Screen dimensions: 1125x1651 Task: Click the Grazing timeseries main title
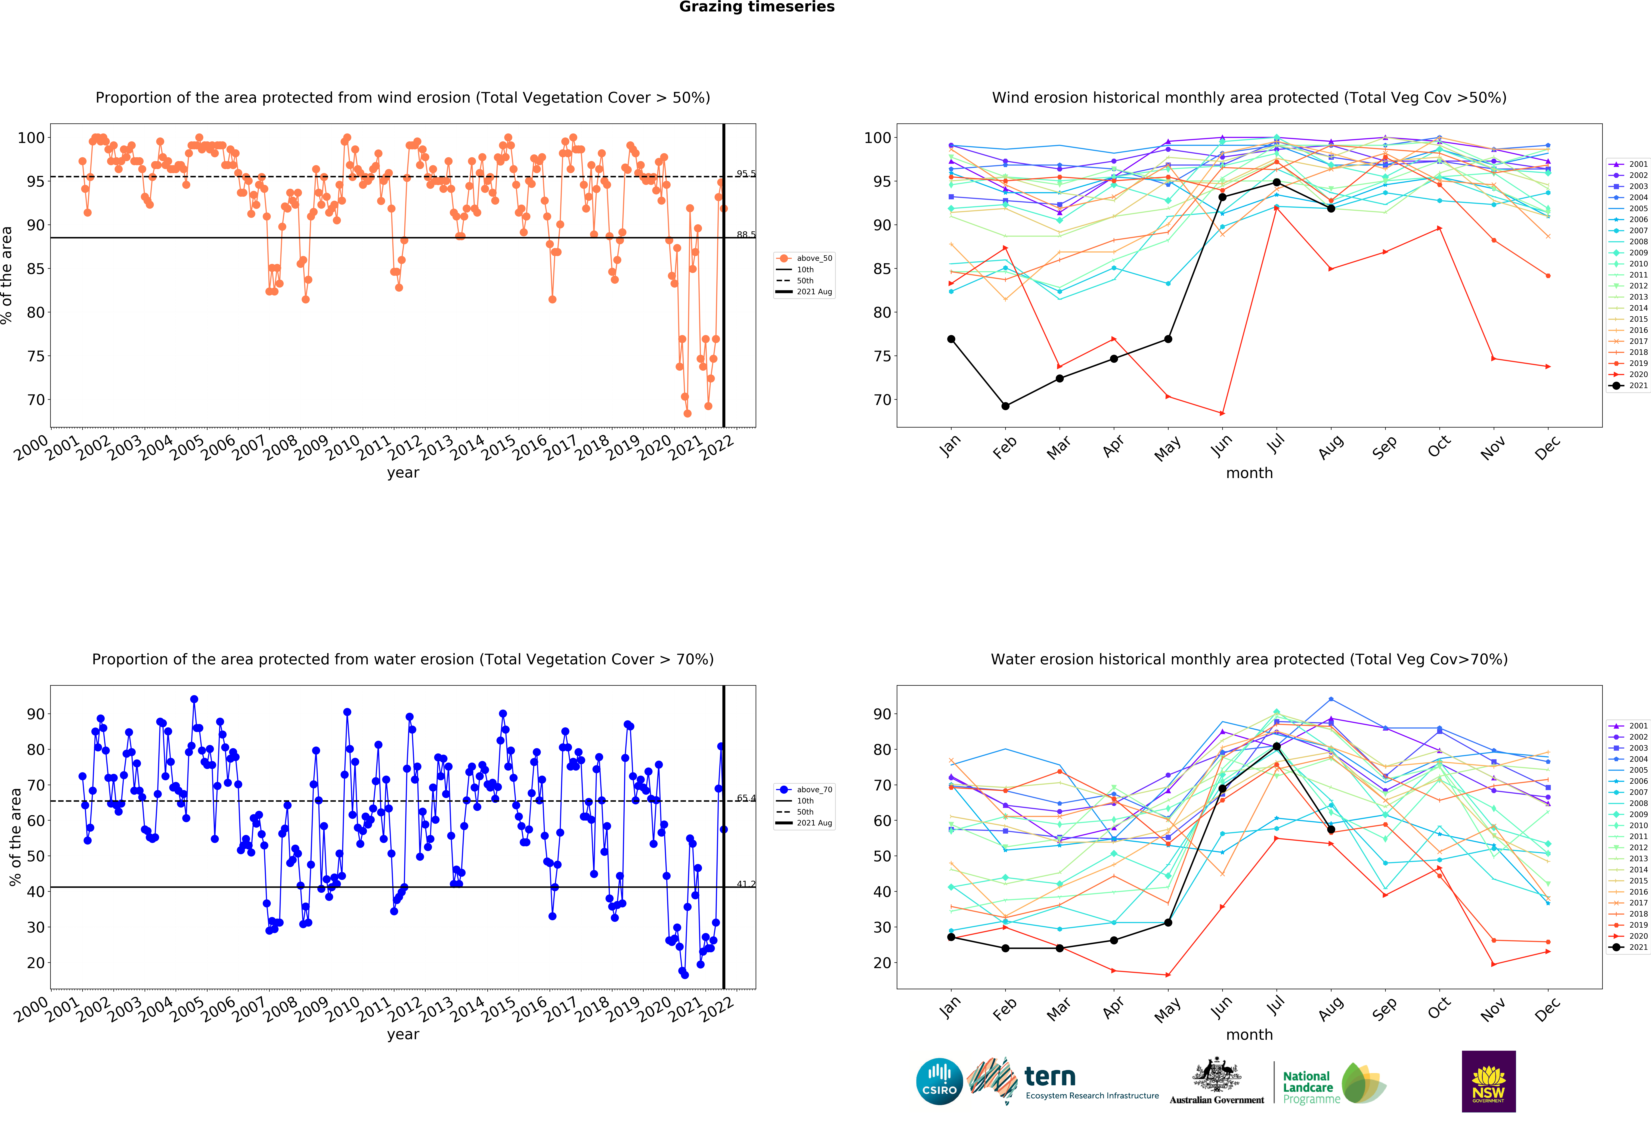click(x=757, y=7)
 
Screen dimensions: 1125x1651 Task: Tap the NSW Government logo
click(x=1488, y=1081)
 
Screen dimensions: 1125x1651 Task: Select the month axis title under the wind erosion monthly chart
click(x=1249, y=473)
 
